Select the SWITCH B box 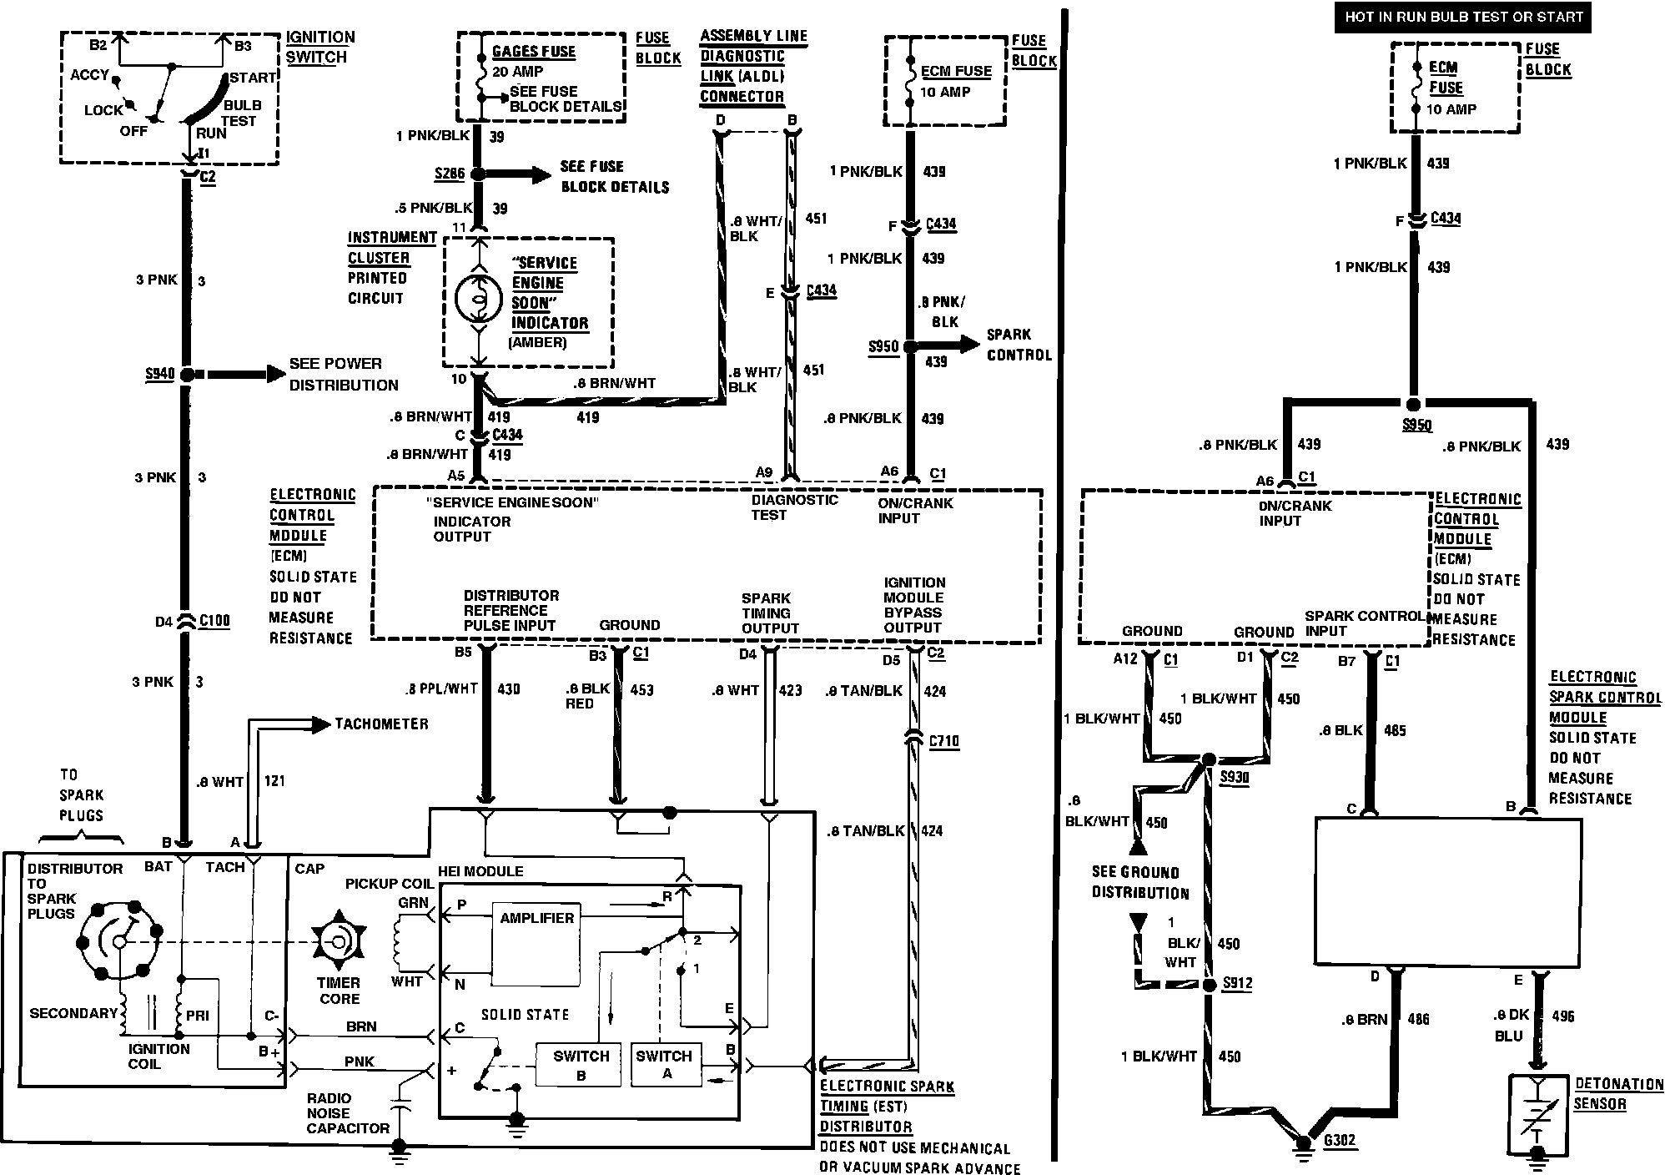(x=578, y=1065)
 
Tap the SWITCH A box (x=665, y=1065)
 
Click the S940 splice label (x=159, y=374)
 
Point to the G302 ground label (x=1339, y=1140)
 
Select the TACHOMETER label (x=381, y=724)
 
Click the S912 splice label (x=1237, y=984)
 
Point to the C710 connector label (x=943, y=741)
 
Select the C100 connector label (x=214, y=621)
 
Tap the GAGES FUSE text (x=534, y=52)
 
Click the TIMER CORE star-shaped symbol (x=339, y=941)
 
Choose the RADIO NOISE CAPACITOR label (x=348, y=1113)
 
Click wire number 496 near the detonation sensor (x=1563, y=1016)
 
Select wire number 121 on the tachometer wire (x=274, y=781)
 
